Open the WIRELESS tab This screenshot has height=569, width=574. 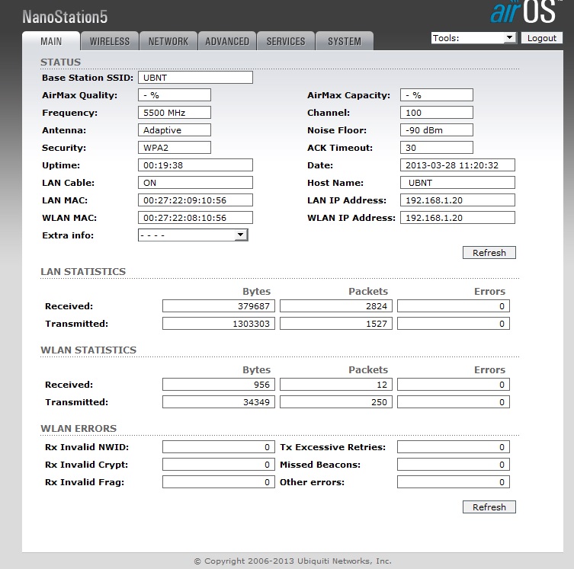[x=109, y=41]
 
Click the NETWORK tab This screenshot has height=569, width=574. [x=168, y=41]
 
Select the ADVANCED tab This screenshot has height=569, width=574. [x=227, y=41]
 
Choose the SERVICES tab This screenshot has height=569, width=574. [x=286, y=41]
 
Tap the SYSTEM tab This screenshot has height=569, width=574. [x=345, y=41]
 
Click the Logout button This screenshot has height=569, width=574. [x=542, y=38]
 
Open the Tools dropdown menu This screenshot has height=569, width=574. [x=473, y=38]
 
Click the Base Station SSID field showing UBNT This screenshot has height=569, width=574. [x=195, y=78]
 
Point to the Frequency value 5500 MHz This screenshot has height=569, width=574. [x=175, y=113]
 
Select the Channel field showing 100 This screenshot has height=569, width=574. [x=436, y=113]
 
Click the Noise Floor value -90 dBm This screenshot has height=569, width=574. [x=436, y=130]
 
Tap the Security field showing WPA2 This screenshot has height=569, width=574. [x=175, y=148]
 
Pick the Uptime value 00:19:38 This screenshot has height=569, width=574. [x=195, y=165]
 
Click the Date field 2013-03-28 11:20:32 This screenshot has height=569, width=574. [x=457, y=165]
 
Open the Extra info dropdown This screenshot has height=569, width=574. [x=193, y=235]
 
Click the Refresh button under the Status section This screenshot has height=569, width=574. [x=489, y=253]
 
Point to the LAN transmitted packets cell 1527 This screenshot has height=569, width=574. [x=336, y=324]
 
